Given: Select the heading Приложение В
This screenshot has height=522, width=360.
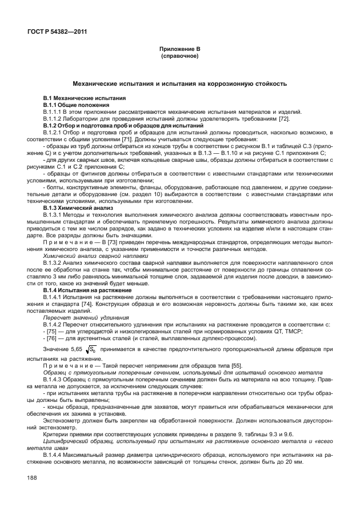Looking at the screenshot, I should pyautogui.click(x=179, y=50).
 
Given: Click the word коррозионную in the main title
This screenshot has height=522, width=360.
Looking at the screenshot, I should pyautogui.click(x=229, y=83).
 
